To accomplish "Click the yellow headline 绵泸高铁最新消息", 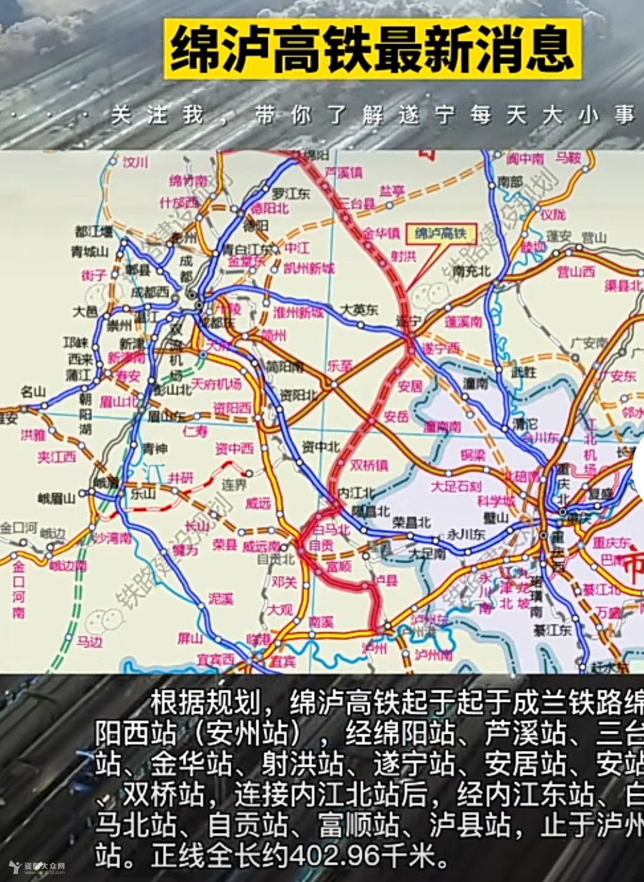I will coord(373,49).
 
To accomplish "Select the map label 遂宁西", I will coord(441,348).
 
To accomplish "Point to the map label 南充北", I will coord(472,271).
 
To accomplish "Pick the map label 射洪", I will coord(404,256).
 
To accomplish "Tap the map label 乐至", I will coord(340,363).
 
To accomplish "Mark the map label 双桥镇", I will coord(369,465).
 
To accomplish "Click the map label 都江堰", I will coord(95,231).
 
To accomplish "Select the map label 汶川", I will coord(135,163).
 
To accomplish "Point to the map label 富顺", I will coord(339,566).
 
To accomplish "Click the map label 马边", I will coord(89,642).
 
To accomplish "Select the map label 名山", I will coord(33,392).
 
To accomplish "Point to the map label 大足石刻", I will coord(456,487).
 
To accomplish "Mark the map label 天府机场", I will coord(217,383).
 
